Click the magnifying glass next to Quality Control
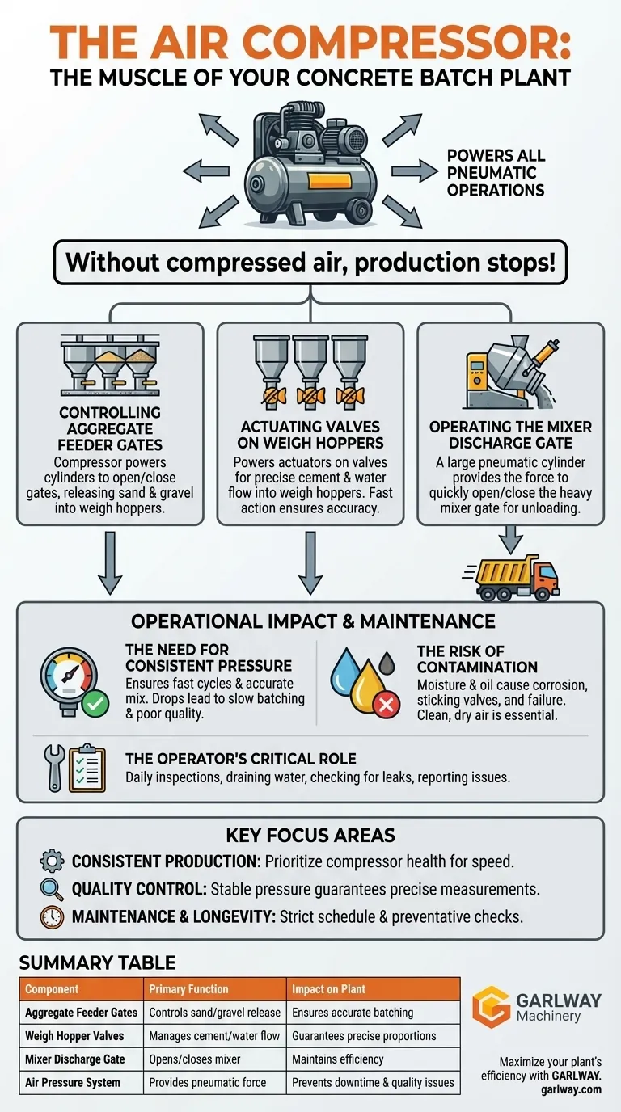51,890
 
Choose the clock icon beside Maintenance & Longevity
51,918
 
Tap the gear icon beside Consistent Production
51,861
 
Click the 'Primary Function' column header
188,988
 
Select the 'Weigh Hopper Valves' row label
74,1035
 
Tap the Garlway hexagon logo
491,1007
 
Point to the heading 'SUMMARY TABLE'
97,962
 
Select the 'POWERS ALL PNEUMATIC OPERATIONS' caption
495,172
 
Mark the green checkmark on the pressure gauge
96,703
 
